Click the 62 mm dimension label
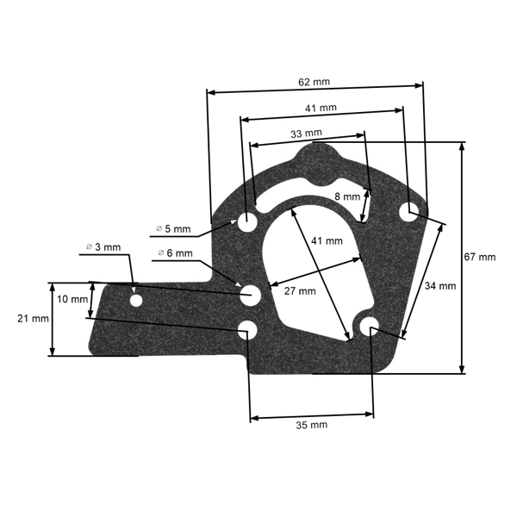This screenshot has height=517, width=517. coord(315,82)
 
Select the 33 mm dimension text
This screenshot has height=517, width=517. coord(307,134)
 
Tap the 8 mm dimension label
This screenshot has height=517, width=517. coord(346,196)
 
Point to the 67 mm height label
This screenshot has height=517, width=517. coord(480,257)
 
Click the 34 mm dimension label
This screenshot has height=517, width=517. coord(439,286)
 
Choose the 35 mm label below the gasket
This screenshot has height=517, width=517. coord(311,426)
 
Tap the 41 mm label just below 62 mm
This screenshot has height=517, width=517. coord(321,109)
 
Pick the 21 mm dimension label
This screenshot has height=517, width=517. coord(33,318)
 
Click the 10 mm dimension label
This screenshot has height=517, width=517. coord(73,299)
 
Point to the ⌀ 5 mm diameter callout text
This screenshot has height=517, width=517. coord(175,228)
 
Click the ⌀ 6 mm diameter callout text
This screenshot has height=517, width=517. coord(176,252)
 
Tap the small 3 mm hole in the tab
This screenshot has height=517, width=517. coord(136,301)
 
